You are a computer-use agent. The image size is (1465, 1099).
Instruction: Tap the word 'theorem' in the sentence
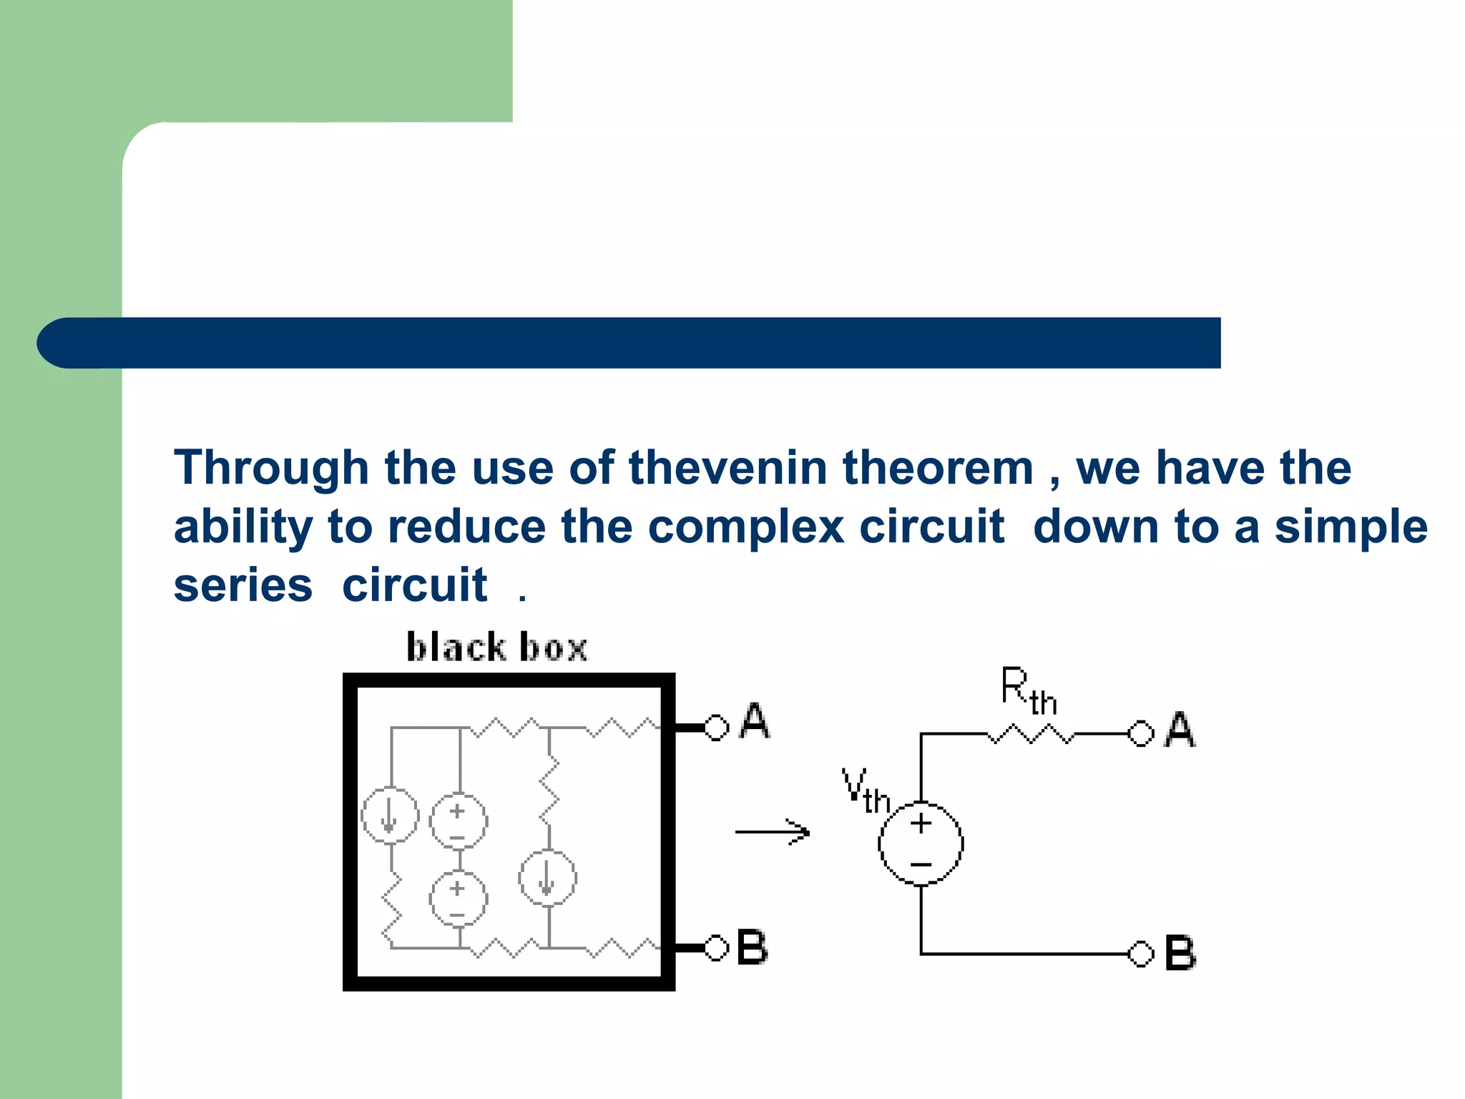point(938,468)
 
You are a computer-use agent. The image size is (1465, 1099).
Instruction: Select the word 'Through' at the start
point(271,469)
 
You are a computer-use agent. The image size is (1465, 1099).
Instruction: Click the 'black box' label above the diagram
point(496,647)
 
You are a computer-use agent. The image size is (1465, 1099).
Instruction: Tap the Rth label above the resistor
point(1028,690)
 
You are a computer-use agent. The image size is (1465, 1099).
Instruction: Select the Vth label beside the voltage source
point(865,791)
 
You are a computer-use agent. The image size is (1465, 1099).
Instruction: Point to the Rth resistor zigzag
point(1031,734)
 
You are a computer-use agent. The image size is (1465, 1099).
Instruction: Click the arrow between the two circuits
point(773,832)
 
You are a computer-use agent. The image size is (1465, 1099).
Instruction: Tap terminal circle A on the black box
point(716,727)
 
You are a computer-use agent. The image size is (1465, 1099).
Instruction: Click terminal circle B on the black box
point(716,948)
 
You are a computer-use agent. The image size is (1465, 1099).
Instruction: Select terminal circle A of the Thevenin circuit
point(1140,733)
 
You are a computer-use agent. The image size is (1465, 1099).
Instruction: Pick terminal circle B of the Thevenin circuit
point(1140,954)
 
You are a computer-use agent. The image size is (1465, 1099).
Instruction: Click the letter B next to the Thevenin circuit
point(1180,953)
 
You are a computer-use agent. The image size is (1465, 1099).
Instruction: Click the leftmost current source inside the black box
point(390,816)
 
